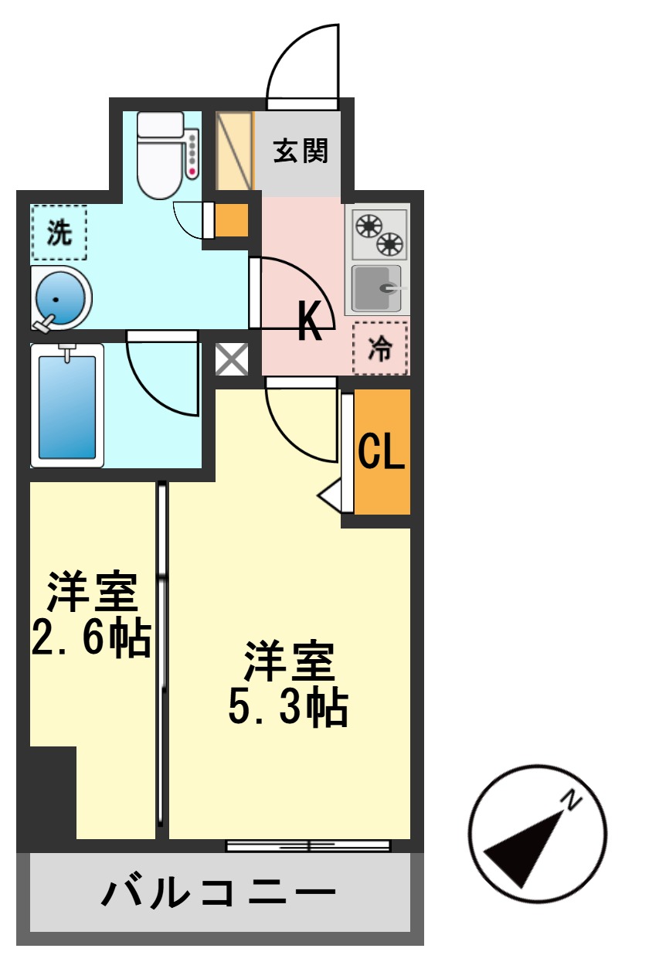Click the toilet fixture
(x=161, y=155)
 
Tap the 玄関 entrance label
(x=301, y=151)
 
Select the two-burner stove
(x=379, y=233)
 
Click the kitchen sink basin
(x=376, y=288)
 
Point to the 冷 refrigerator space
(x=379, y=349)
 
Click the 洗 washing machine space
(x=59, y=232)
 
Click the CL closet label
(x=381, y=452)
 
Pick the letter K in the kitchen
(x=310, y=322)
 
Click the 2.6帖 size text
(x=90, y=638)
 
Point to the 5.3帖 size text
(x=288, y=707)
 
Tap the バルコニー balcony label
(x=219, y=894)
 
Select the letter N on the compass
(x=573, y=801)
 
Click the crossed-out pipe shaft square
(x=232, y=359)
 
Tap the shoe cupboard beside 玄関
(x=234, y=151)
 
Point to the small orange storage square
(x=231, y=221)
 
